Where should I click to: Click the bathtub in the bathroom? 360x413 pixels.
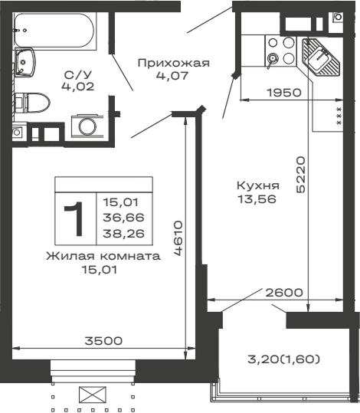53,30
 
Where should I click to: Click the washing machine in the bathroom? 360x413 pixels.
86,125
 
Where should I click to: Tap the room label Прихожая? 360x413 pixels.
172,63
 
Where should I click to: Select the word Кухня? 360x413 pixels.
257,185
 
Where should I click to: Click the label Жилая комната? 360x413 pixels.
103,256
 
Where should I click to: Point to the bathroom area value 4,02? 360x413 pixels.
78,87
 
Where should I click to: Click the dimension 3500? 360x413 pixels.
103,340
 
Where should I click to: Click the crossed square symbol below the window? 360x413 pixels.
92,395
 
